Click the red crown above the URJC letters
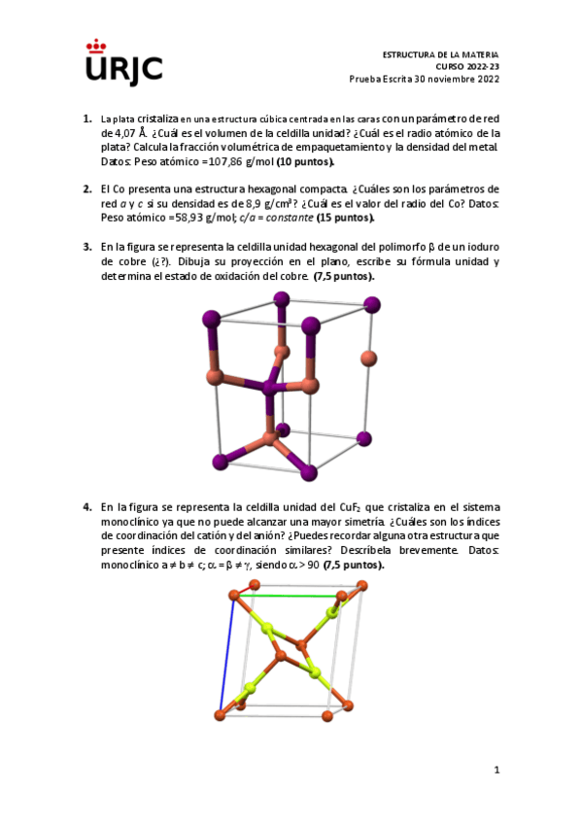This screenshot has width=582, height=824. point(96,45)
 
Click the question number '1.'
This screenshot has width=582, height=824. point(87,118)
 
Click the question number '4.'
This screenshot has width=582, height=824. point(87,506)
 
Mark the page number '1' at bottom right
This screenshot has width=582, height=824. point(496,771)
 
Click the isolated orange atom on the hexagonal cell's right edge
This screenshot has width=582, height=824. point(367,359)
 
